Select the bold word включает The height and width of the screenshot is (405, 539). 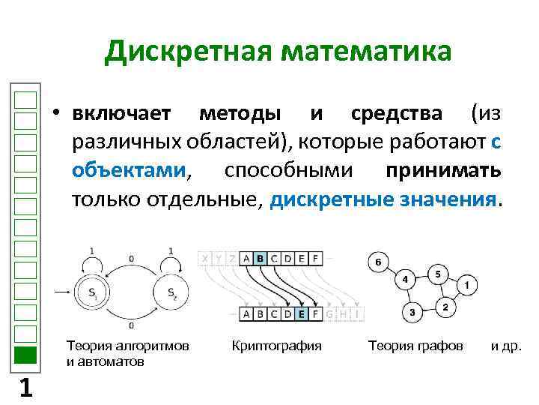[x=123, y=114]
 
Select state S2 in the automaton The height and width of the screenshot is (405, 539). [x=171, y=292]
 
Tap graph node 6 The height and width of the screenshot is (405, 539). [x=377, y=262]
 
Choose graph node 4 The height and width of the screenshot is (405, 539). [x=405, y=280]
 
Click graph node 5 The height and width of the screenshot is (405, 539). [x=437, y=273]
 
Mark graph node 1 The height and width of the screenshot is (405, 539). [x=466, y=286]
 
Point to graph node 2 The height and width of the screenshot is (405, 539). [x=445, y=307]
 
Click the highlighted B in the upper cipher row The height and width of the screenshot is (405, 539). [x=260, y=259]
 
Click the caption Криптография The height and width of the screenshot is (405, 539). [x=276, y=346]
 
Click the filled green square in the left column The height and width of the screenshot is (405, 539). [x=25, y=355]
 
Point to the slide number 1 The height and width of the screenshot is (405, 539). [x=25, y=388]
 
